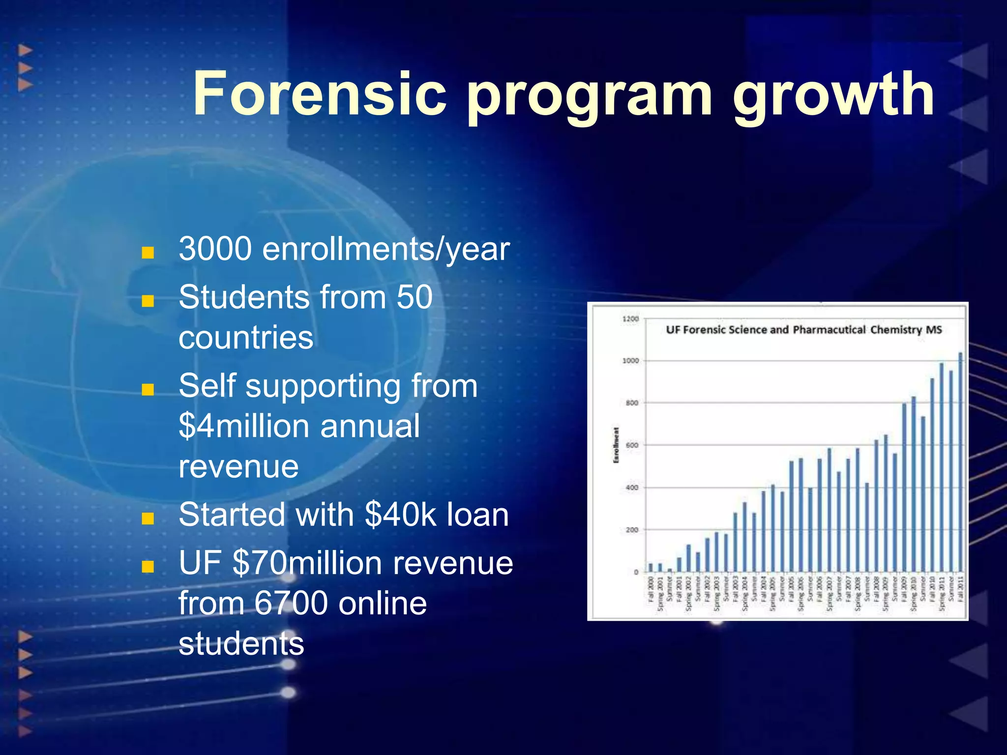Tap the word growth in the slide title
coord(833,96)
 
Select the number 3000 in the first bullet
coord(215,249)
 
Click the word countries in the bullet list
coord(246,338)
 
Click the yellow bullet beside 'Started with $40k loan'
coord(148,519)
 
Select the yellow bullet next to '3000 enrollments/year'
coord(148,253)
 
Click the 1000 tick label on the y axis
coord(631,361)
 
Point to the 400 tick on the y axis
coord(632,488)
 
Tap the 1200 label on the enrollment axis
coord(631,319)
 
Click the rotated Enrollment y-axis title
coord(616,445)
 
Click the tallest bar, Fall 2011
coord(960,462)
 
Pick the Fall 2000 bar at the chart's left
coord(651,568)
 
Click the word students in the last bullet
coord(241,644)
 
